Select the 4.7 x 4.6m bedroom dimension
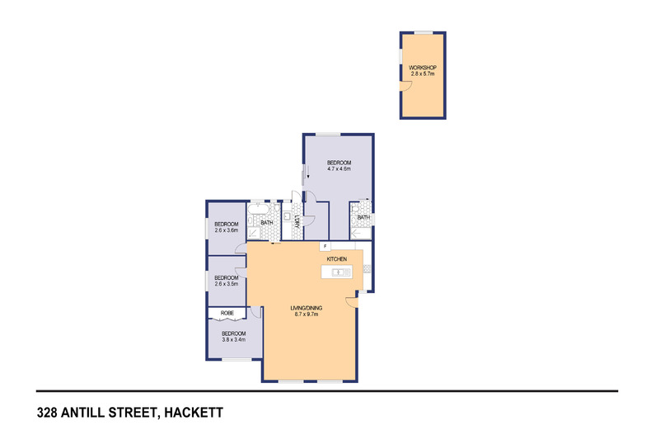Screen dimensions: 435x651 [339, 169]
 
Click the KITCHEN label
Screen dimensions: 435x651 [338, 259]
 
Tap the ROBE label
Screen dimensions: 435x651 [227, 314]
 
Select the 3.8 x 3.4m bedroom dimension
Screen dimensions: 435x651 [234, 338]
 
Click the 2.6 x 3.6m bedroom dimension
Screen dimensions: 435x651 [227, 231]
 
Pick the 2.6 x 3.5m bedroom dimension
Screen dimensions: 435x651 [227, 284]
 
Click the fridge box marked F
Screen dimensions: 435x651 [325, 246]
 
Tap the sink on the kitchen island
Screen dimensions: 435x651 [338, 271]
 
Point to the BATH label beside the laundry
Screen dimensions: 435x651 [267, 223]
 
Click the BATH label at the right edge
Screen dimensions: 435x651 [363, 218]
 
